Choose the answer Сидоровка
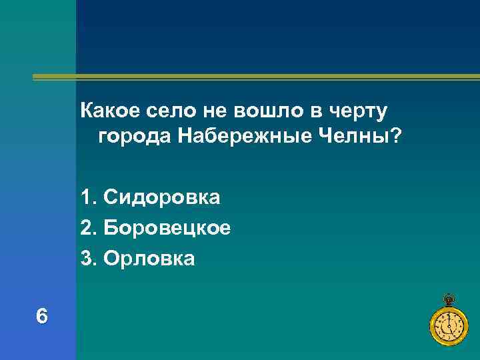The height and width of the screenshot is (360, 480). pyautogui.click(x=162, y=198)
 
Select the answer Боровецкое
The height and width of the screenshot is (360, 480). pyautogui.click(x=167, y=228)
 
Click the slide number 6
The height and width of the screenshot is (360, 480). pyautogui.click(x=42, y=316)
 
